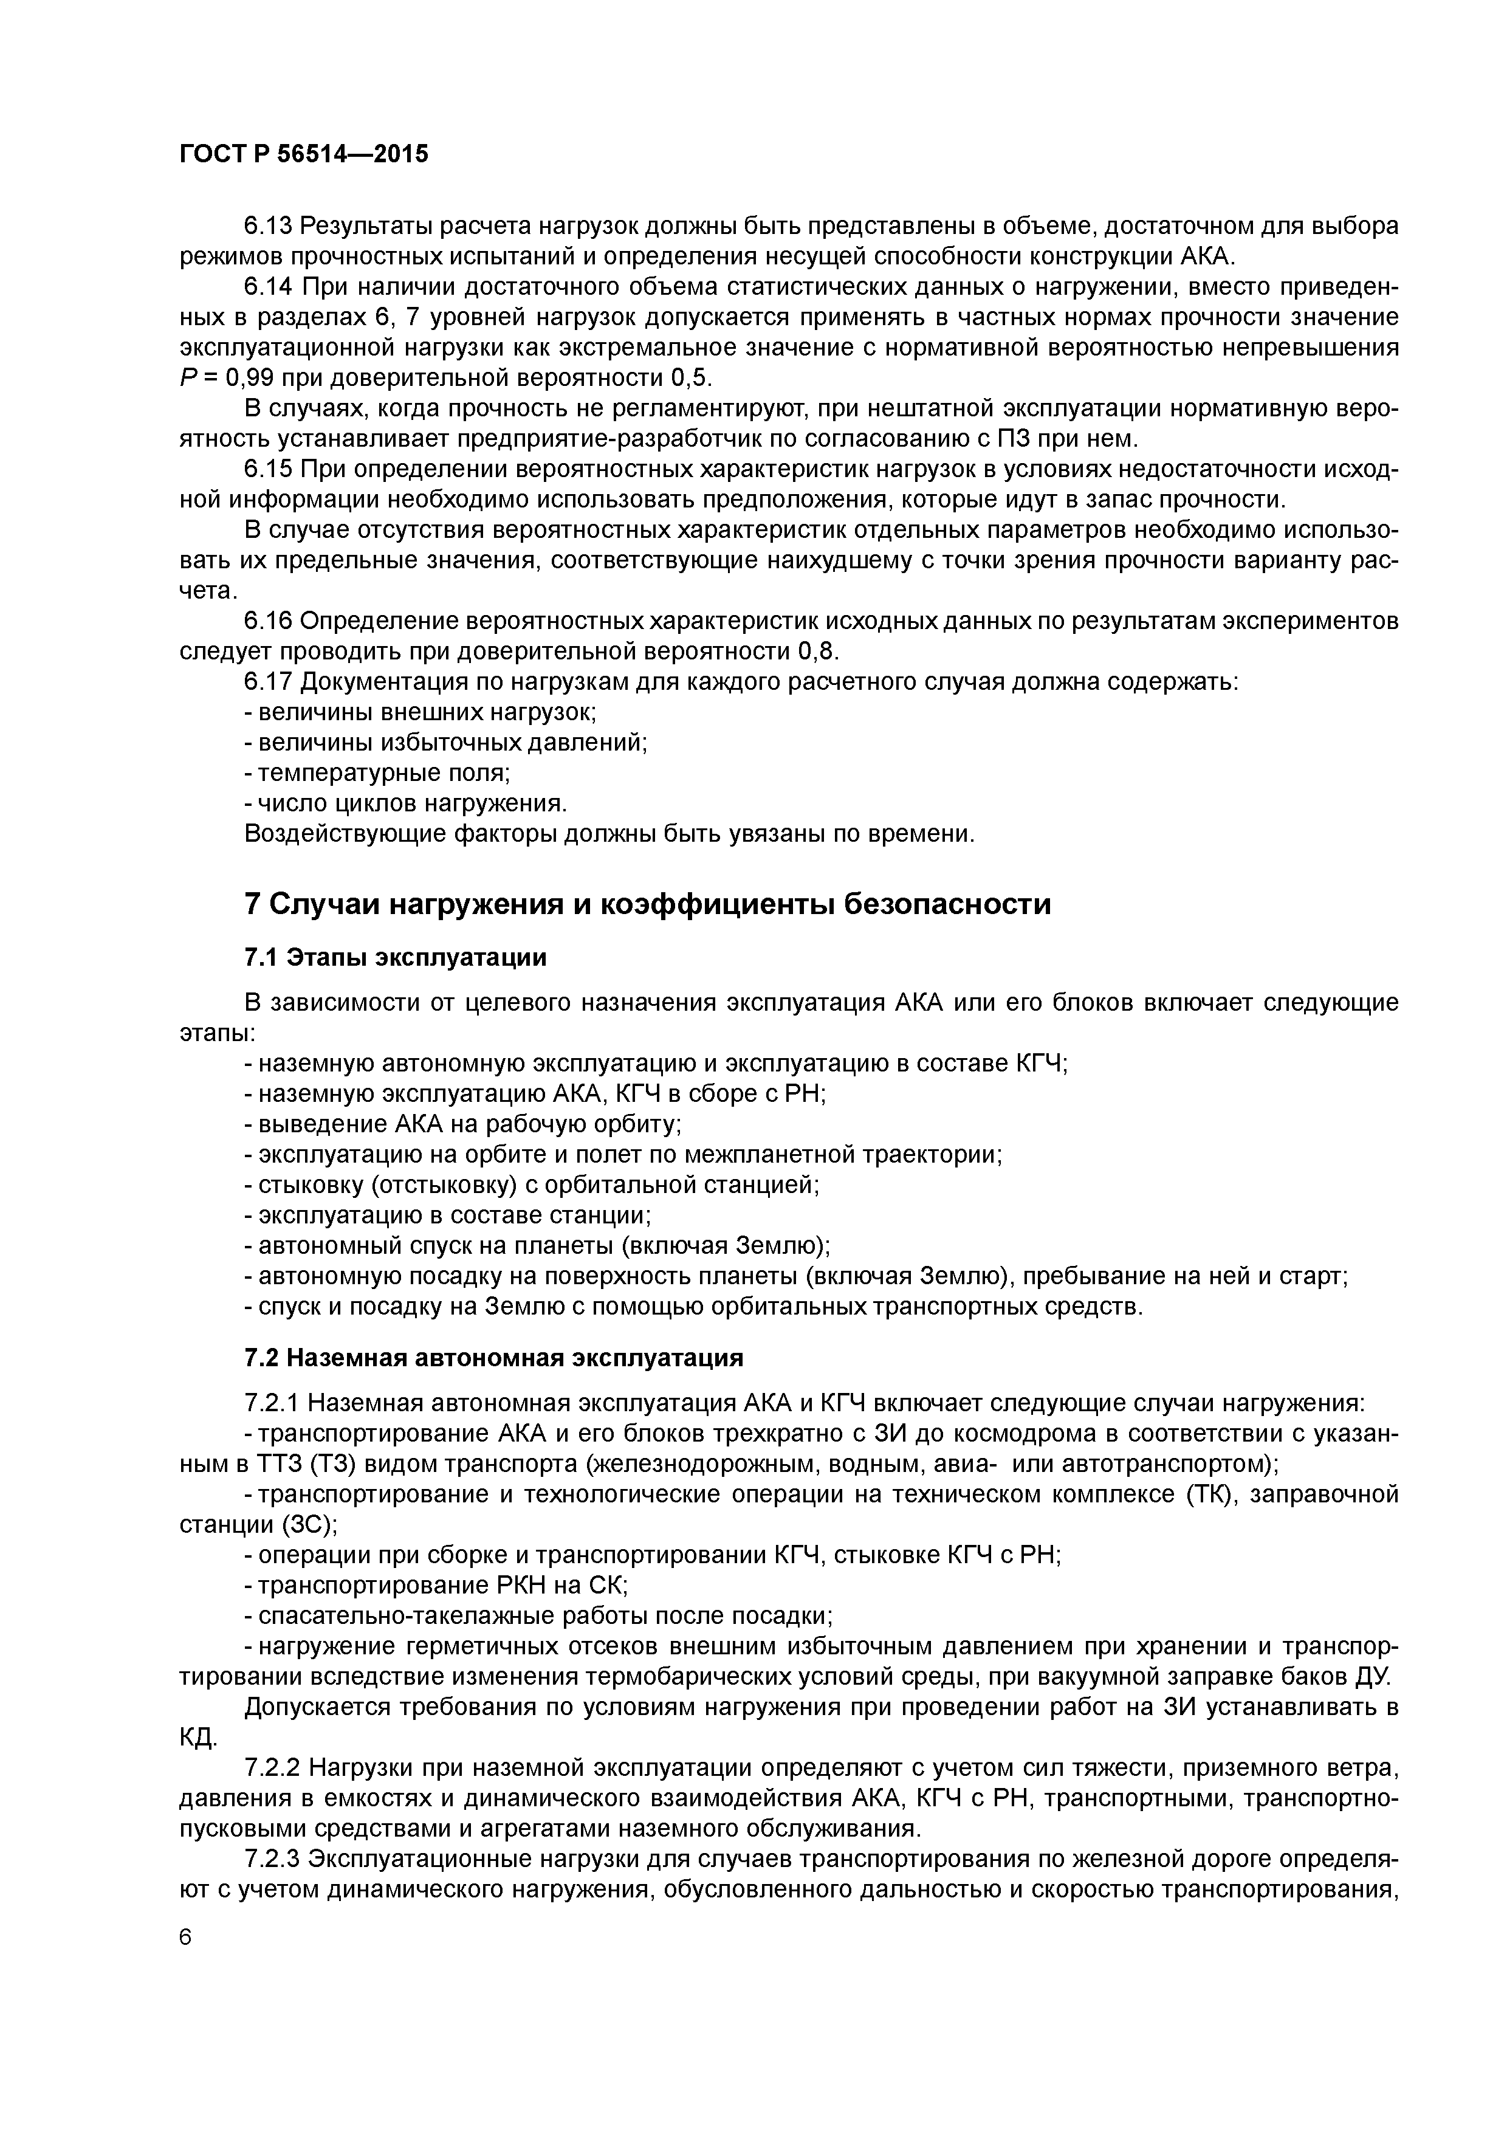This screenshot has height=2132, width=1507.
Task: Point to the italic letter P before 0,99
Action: pos(187,378)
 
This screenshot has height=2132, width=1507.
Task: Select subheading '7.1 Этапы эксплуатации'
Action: pos(394,957)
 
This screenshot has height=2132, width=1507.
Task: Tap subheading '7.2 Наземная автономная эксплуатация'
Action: pos(493,1358)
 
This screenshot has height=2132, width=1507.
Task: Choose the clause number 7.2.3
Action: pos(275,1858)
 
